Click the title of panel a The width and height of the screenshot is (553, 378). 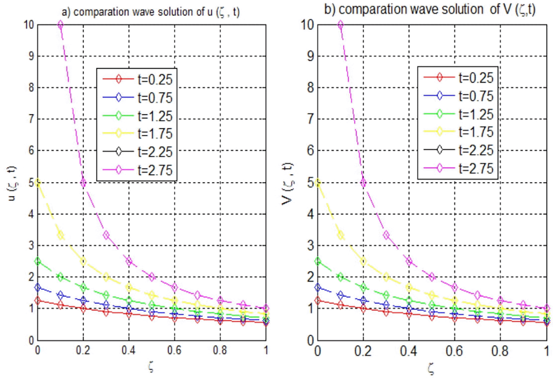151,12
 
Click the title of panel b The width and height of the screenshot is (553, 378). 430,9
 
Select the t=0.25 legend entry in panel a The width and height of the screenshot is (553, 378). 137,79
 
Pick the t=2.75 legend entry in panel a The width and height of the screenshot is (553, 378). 137,170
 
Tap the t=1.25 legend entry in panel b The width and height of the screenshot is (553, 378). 459,114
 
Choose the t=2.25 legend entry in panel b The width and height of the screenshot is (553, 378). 459,150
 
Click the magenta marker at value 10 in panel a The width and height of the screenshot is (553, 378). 60,25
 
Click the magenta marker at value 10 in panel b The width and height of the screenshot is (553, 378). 340,25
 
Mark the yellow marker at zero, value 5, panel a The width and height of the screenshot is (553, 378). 38,182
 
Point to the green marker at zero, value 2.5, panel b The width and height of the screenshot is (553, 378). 317,261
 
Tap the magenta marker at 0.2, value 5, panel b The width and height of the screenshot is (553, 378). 363,182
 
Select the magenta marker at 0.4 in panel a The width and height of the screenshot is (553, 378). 129,261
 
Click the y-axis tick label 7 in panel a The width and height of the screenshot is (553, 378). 31,119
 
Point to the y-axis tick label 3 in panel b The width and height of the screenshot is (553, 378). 310,245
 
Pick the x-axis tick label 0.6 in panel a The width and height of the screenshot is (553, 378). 174,350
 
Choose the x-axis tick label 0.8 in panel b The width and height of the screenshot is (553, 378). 500,351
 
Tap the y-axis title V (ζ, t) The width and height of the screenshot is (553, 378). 288,183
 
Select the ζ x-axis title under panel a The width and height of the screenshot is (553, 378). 151,367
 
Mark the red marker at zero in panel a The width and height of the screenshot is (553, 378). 38,301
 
